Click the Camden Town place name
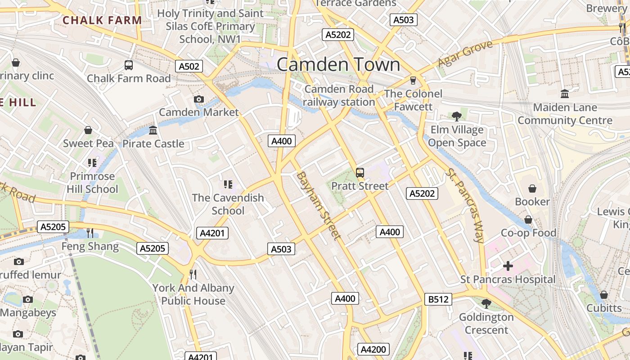(338, 65)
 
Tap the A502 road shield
(189, 67)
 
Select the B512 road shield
(438, 299)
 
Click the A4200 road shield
(373, 349)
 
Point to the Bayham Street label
(318, 205)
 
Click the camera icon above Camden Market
(198, 99)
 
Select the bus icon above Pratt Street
(360, 172)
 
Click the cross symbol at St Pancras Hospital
(508, 266)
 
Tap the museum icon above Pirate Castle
(153, 130)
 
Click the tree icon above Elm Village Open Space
(457, 117)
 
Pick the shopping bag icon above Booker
(532, 188)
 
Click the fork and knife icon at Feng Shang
(90, 233)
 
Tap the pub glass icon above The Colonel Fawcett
(413, 81)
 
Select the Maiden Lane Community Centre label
(565, 114)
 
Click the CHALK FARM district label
(102, 20)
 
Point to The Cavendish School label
(228, 204)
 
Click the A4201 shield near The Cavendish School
(212, 233)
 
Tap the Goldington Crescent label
(486, 324)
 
